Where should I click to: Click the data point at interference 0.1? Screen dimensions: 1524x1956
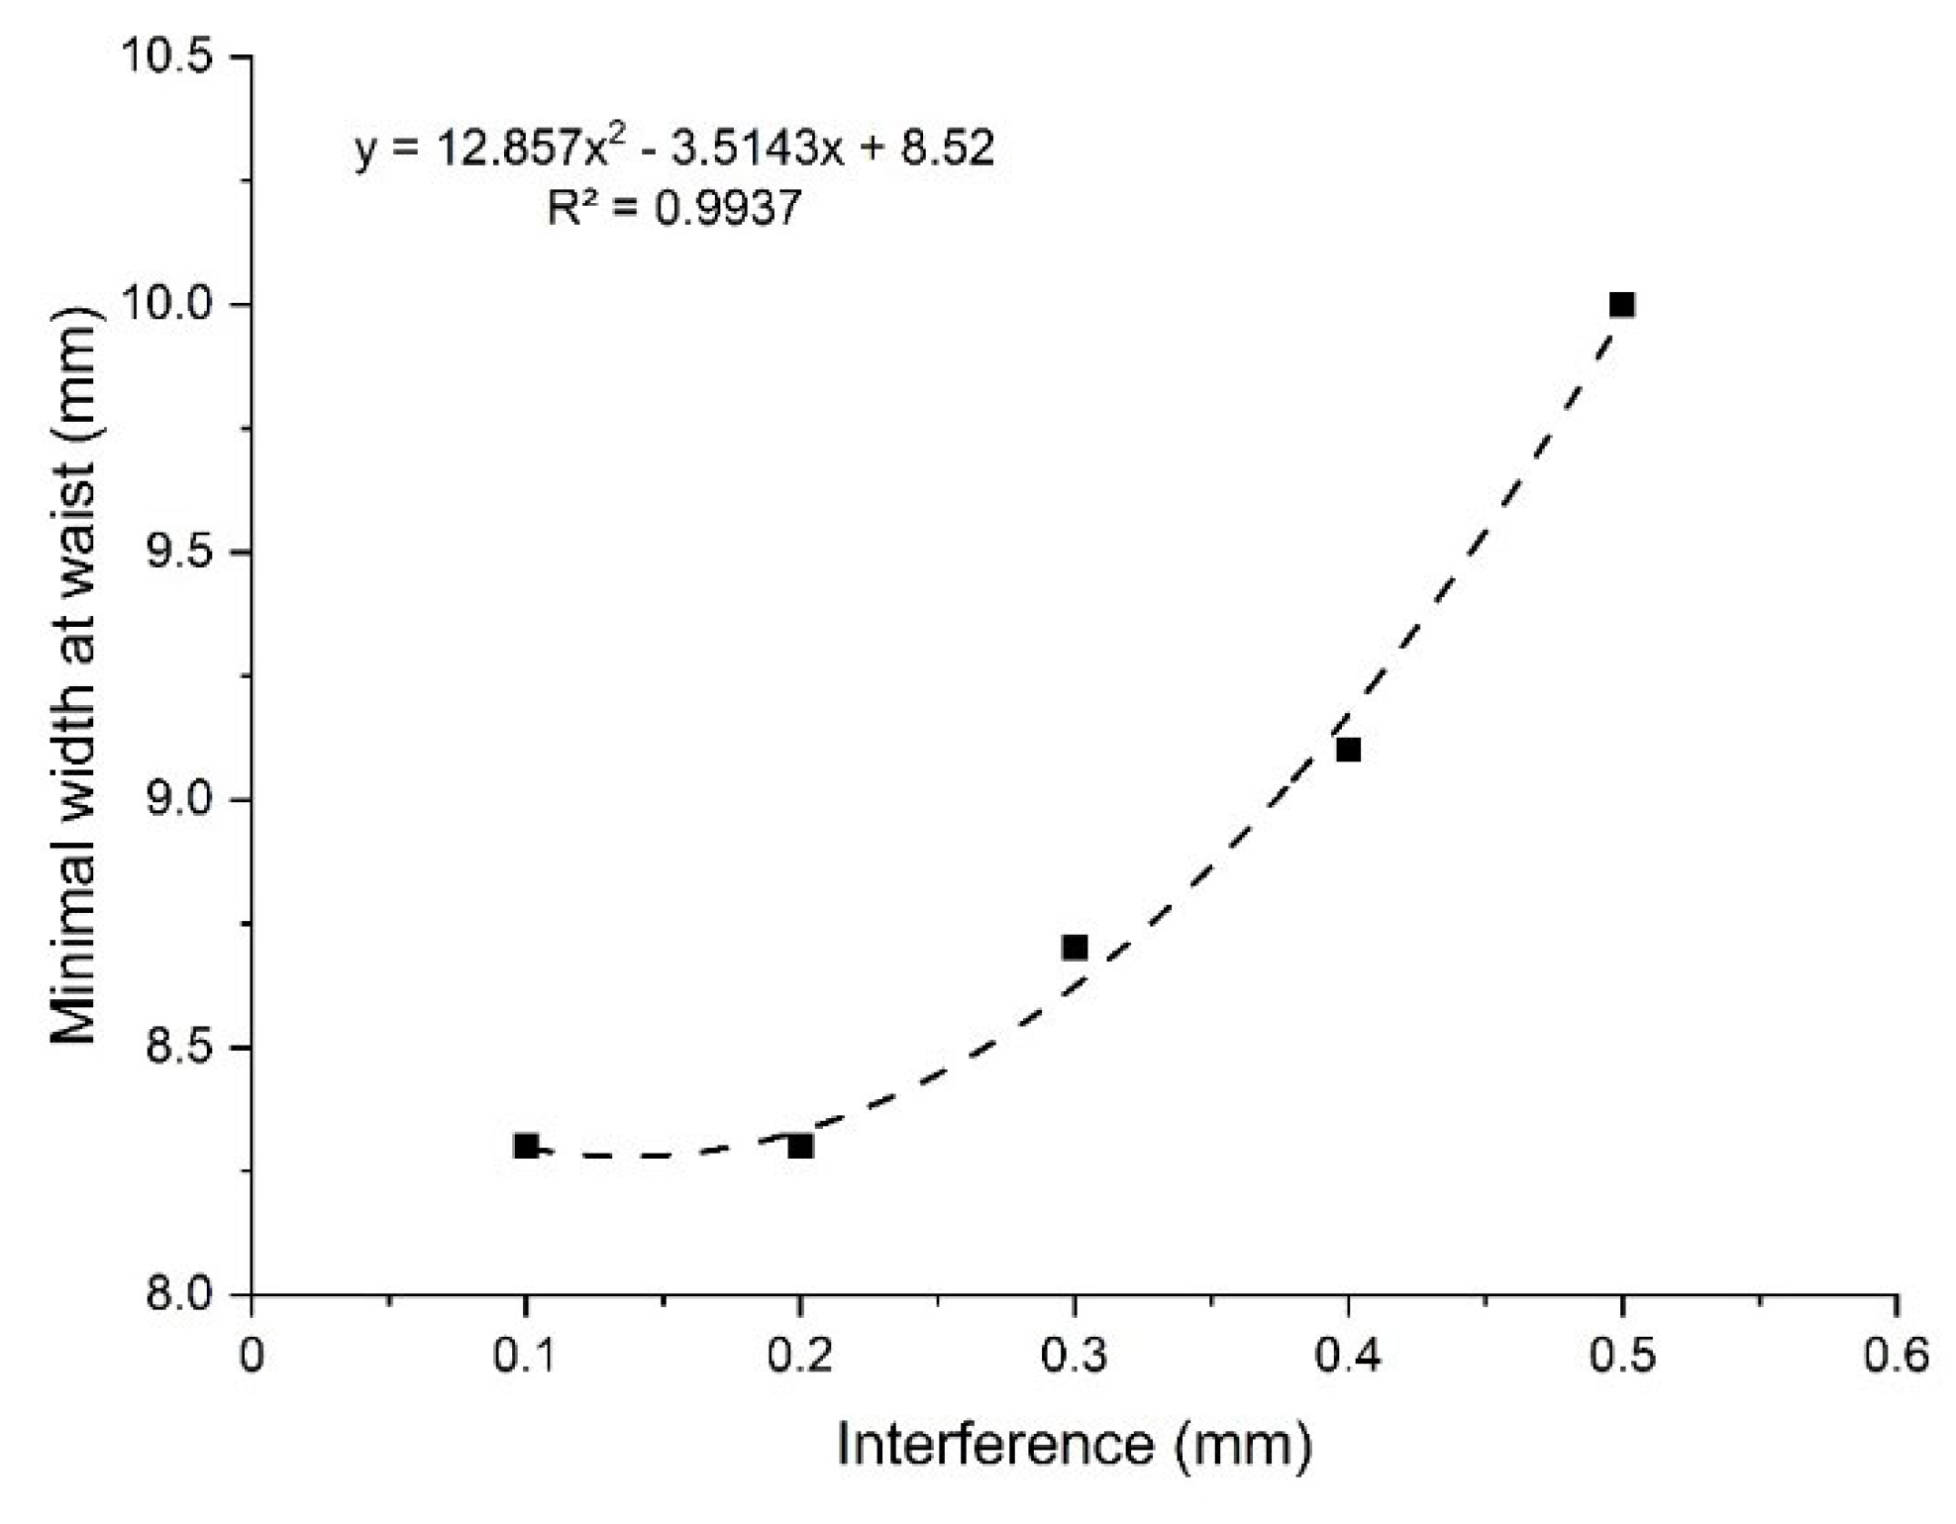[x=526, y=1146]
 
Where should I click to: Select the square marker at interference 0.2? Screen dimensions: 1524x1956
[x=800, y=1146]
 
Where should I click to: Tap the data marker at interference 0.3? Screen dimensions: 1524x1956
[x=1075, y=948]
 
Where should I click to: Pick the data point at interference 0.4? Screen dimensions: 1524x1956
[x=1348, y=750]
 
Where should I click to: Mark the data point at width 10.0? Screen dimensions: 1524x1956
[x=1621, y=304]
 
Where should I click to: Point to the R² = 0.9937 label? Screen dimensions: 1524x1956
[x=674, y=208]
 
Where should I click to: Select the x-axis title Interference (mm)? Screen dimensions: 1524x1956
[x=1075, y=1445]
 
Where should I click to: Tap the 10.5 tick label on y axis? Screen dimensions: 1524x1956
[x=167, y=57]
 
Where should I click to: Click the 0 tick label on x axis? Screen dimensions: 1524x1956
[x=252, y=1356]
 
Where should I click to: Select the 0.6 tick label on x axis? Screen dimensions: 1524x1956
[x=1896, y=1356]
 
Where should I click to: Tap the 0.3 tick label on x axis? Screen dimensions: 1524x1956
[x=1075, y=1356]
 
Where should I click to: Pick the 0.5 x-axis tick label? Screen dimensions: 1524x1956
[x=1621, y=1356]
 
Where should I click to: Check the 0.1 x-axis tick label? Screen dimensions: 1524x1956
[x=526, y=1356]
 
